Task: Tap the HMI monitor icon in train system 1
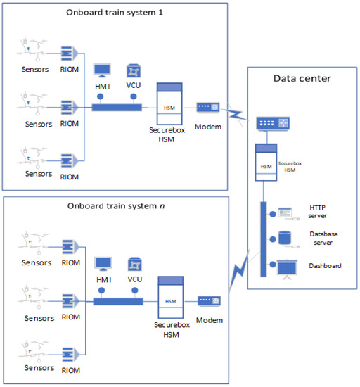(103, 70)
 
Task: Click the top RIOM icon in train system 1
(67, 53)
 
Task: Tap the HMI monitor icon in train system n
(103, 264)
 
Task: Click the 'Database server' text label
(326, 238)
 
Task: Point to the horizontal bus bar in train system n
(117, 301)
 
